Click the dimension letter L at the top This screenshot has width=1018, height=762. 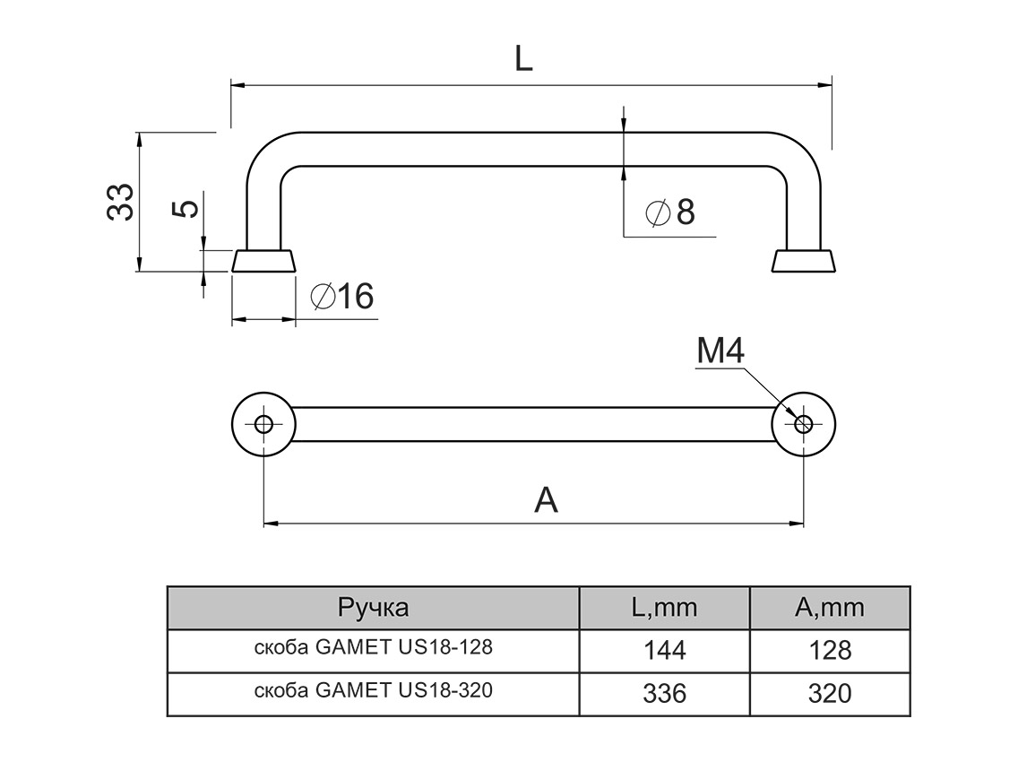(x=523, y=58)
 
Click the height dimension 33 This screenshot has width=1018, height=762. (x=120, y=202)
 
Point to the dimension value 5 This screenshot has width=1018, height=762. (x=185, y=209)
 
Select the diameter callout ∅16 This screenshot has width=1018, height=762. (x=341, y=296)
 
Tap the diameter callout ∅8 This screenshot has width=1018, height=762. (x=669, y=213)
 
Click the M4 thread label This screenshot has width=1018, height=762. (x=720, y=352)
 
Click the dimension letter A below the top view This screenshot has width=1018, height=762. (x=546, y=499)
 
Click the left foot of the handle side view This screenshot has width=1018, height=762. (x=263, y=261)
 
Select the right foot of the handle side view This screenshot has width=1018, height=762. (x=804, y=261)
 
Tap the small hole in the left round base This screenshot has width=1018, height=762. (x=263, y=424)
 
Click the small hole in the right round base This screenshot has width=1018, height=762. (x=804, y=424)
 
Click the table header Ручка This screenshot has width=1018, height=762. (x=373, y=608)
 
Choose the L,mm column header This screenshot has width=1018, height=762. (x=664, y=608)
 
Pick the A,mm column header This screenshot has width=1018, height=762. (x=830, y=608)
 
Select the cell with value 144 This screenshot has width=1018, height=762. (x=664, y=651)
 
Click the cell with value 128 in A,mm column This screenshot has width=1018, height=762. (x=830, y=651)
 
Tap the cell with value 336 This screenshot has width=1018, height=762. (x=664, y=694)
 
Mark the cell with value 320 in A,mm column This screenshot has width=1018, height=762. (x=830, y=694)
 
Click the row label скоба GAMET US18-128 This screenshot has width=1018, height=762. (x=373, y=647)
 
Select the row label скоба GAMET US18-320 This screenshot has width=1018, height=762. (x=373, y=691)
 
